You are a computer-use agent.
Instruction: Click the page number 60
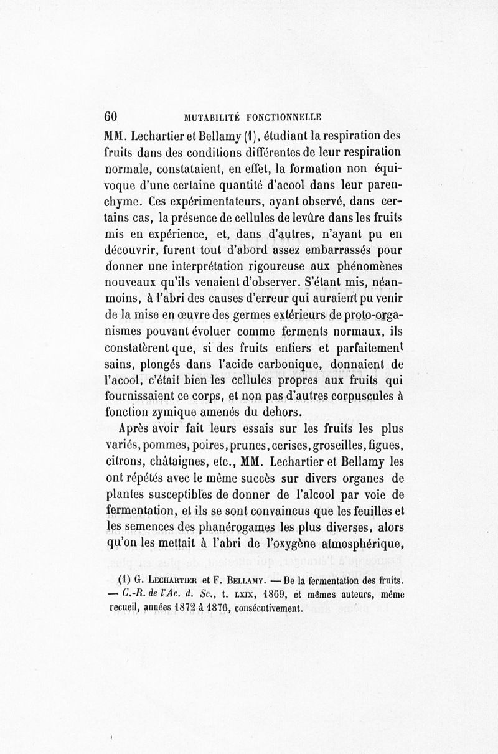[x=111, y=116]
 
